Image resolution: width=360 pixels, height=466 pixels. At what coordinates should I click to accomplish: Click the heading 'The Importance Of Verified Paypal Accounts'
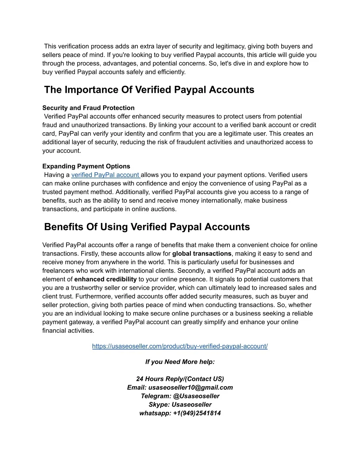click(x=149, y=90)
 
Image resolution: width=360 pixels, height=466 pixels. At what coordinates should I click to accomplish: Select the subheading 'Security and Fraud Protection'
click(x=88, y=108)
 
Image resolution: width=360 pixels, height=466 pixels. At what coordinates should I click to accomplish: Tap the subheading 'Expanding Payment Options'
click(x=86, y=166)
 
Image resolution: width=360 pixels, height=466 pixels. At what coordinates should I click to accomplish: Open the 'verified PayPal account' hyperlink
click(x=105, y=175)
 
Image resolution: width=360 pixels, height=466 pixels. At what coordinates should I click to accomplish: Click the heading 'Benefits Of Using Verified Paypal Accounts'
click(x=147, y=227)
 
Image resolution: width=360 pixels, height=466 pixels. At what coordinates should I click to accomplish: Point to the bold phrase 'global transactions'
click(x=202, y=254)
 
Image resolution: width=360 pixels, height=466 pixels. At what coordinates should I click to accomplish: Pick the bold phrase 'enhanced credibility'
click(x=105, y=279)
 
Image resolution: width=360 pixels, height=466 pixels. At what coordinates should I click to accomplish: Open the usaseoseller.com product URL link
click(x=180, y=346)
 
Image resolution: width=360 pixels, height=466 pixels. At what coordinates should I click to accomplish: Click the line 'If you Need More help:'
click(x=180, y=362)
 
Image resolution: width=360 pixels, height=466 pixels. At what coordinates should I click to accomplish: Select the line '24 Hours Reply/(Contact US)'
click(x=180, y=379)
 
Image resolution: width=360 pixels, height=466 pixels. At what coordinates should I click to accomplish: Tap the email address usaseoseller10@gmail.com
click(x=191, y=387)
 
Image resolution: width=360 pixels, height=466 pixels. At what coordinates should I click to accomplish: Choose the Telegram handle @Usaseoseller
click(x=196, y=396)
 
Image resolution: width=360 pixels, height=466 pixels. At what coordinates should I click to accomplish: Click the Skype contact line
click(x=180, y=404)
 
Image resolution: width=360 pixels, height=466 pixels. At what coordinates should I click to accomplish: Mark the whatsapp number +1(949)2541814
click(x=197, y=413)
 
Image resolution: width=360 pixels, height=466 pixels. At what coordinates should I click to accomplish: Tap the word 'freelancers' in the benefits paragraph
click(x=58, y=271)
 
